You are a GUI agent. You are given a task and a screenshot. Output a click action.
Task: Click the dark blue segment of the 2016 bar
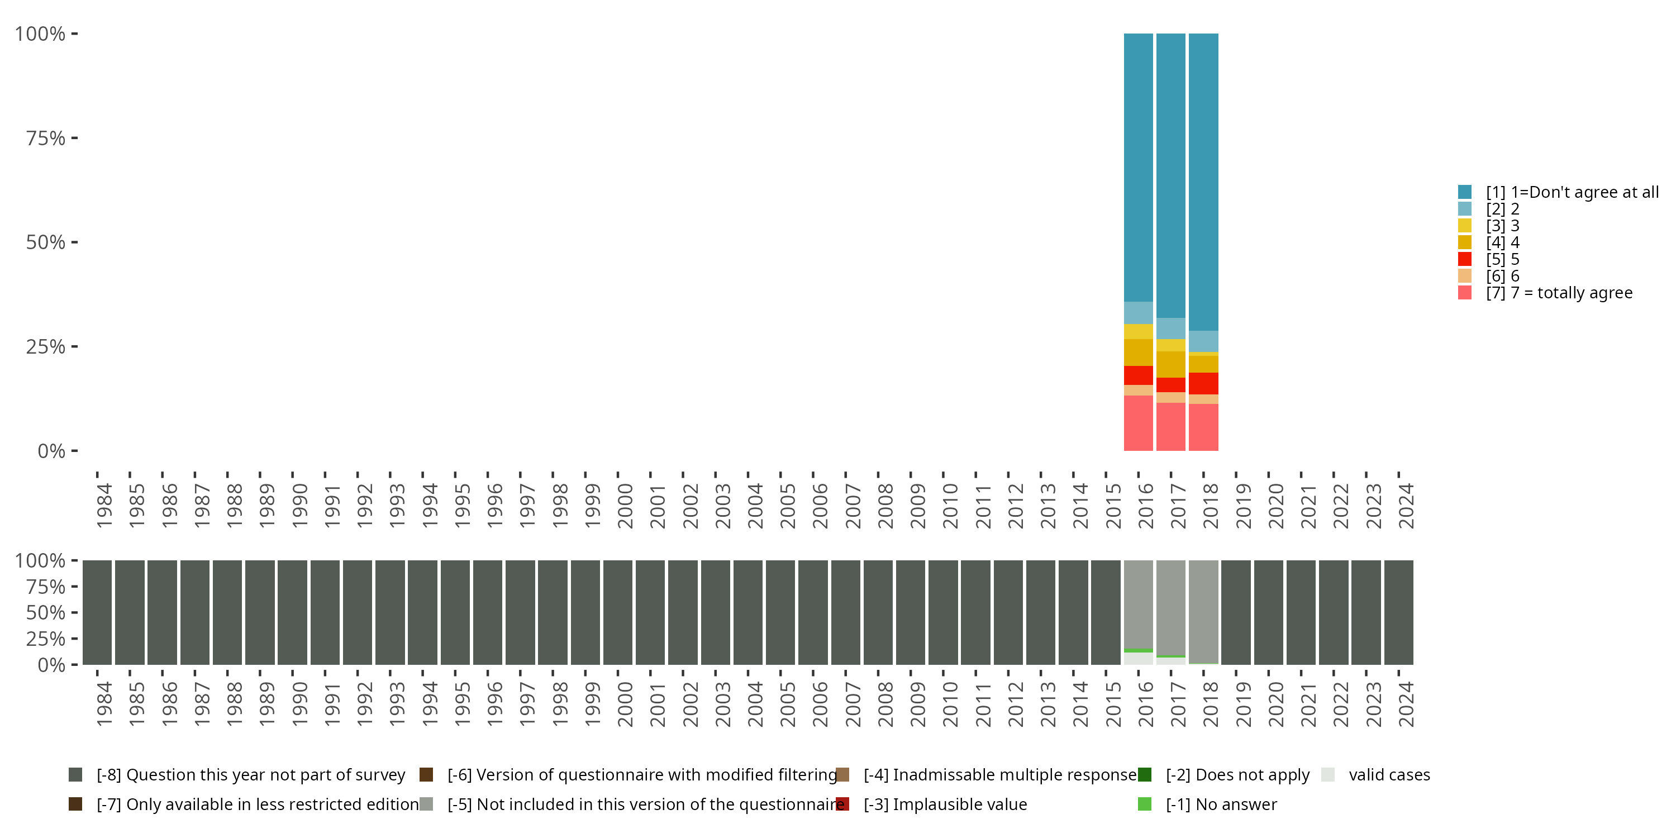coord(1138,167)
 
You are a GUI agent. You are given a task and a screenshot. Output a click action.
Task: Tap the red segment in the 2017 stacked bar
coord(1170,384)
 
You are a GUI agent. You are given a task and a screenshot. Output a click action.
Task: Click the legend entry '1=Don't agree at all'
coord(1571,192)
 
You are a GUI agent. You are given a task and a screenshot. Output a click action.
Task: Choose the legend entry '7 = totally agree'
coord(1558,293)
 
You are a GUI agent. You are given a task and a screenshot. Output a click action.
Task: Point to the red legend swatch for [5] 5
coord(1465,259)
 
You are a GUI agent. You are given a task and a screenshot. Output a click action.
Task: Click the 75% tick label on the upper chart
coord(46,138)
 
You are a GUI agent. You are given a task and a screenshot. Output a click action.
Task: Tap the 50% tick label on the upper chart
coord(46,242)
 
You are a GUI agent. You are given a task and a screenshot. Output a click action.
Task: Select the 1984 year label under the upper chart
coord(104,506)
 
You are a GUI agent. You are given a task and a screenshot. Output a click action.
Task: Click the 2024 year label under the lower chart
coord(1406,704)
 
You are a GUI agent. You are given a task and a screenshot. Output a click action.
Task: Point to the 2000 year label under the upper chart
coord(625,506)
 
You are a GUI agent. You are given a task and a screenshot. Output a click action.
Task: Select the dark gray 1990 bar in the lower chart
coord(292,612)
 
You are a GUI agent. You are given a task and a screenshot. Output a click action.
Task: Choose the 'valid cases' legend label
coord(1389,775)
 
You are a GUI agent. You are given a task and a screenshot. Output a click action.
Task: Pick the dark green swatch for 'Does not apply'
coord(1145,775)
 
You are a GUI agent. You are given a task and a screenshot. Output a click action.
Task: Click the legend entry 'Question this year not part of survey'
coord(250,775)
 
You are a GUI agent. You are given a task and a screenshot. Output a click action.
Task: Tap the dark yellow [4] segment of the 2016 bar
coord(1138,352)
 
